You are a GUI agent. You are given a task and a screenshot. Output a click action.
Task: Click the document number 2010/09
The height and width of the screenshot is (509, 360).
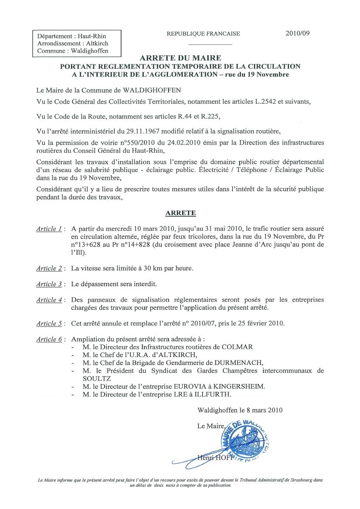(297, 33)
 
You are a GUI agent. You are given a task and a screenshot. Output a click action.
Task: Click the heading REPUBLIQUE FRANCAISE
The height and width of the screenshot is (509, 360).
(203, 34)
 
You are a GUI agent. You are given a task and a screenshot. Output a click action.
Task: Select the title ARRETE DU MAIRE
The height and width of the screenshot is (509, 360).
(180, 58)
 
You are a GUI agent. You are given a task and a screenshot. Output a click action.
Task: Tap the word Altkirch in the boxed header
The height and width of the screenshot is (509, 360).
(94, 44)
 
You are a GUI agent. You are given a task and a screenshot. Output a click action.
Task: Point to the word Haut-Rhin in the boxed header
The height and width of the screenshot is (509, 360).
(92, 37)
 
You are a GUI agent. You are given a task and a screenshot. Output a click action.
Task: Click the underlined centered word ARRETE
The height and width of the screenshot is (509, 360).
(180, 213)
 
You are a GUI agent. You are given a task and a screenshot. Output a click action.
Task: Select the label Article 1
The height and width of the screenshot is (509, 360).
(48, 229)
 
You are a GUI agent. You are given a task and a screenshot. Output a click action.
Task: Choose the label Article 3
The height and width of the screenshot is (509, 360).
(48, 284)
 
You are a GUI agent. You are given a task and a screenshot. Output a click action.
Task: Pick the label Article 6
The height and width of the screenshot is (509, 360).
(48, 339)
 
